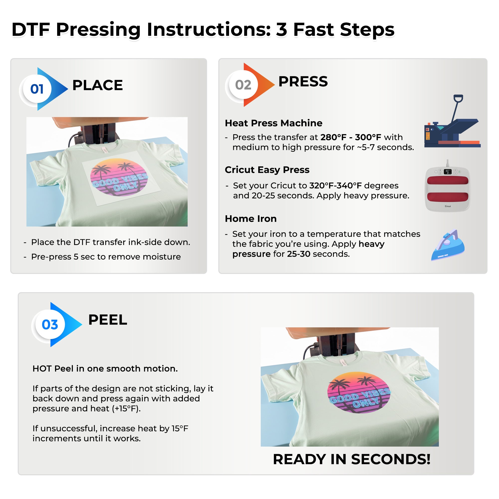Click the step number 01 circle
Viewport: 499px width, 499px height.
tap(37, 89)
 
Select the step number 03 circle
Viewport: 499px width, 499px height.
tap(50, 324)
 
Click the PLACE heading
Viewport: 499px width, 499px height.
tap(97, 85)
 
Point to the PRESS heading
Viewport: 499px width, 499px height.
tap(303, 81)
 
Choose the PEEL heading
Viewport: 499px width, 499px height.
tap(108, 320)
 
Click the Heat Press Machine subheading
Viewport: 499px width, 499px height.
tap(273, 123)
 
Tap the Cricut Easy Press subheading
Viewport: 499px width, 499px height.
tap(267, 170)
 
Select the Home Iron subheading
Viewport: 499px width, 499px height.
tap(251, 219)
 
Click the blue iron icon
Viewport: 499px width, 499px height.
tap(448, 245)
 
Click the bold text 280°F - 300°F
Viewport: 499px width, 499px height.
tap(351, 137)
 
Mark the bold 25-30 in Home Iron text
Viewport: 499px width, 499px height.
tap(299, 254)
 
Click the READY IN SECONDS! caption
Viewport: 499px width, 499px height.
tap(352, 459)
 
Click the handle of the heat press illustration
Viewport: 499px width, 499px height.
tap(458, 98)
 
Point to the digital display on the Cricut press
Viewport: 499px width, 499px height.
tap(448, 172)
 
